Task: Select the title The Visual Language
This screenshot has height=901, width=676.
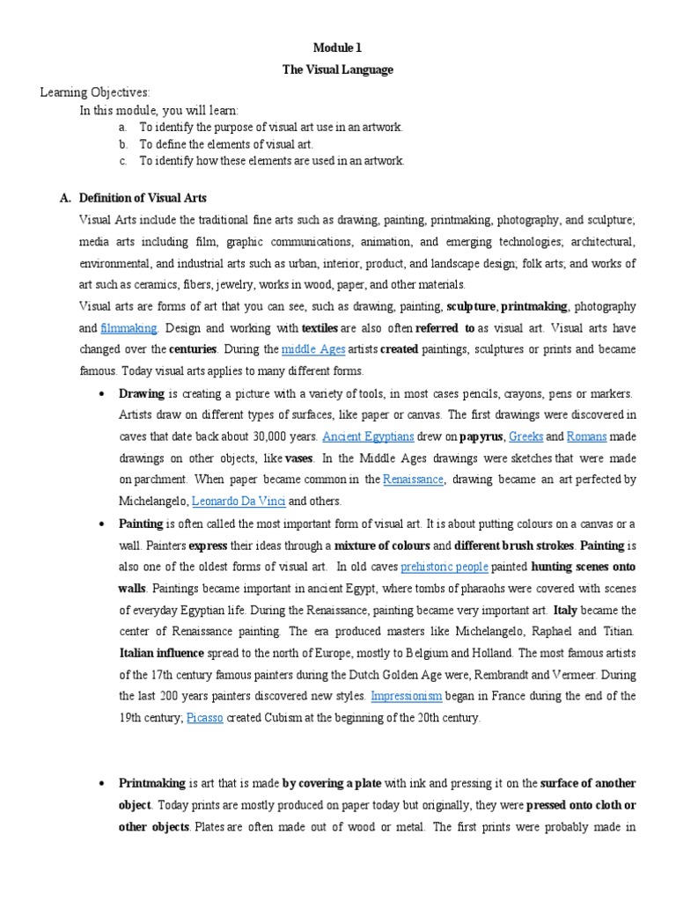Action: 338,70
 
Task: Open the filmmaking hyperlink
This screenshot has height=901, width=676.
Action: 129,328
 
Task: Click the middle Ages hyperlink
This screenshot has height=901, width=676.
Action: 312,349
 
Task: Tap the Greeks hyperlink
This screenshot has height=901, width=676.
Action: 525,436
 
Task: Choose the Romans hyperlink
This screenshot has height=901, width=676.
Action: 585,436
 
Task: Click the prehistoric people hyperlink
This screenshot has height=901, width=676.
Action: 445,567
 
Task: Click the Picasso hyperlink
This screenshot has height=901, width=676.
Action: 205,718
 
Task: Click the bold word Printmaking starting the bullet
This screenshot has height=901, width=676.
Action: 151,783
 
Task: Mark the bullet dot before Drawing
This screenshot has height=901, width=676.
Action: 104,393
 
